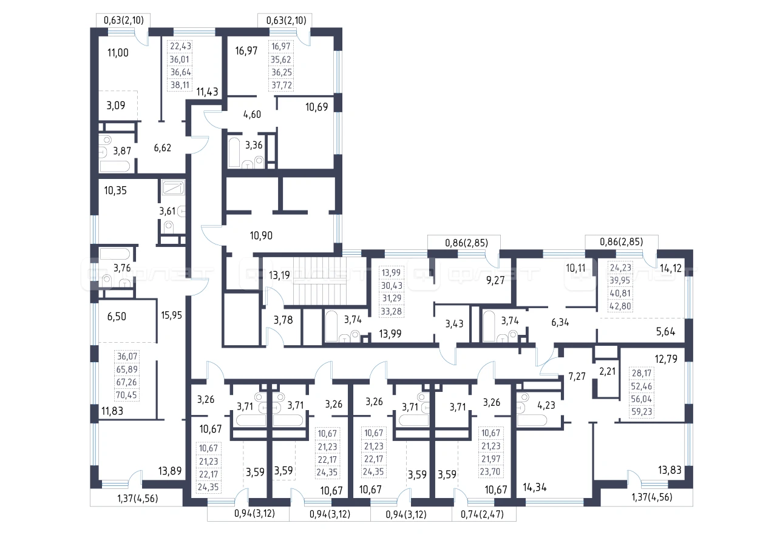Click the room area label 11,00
pos(118,53)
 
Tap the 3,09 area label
pos(116,106)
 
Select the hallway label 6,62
pos(163,148)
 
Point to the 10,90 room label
pos(261,236)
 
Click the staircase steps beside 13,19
pos(320,281)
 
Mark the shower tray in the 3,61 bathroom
pos(173,188)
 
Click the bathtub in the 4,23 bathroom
pos(532,420)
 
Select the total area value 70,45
pos(127,395)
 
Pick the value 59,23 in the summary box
pos(642,412)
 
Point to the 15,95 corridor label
pos(171,315)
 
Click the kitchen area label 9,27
pos(495,280)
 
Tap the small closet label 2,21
pos(608,371)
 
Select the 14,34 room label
pos(535,488)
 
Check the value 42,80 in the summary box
pos(620,306)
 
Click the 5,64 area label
pos(666,332)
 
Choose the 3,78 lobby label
pos(283,320)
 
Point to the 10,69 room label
pos(317,107)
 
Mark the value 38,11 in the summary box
pos(180,85)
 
